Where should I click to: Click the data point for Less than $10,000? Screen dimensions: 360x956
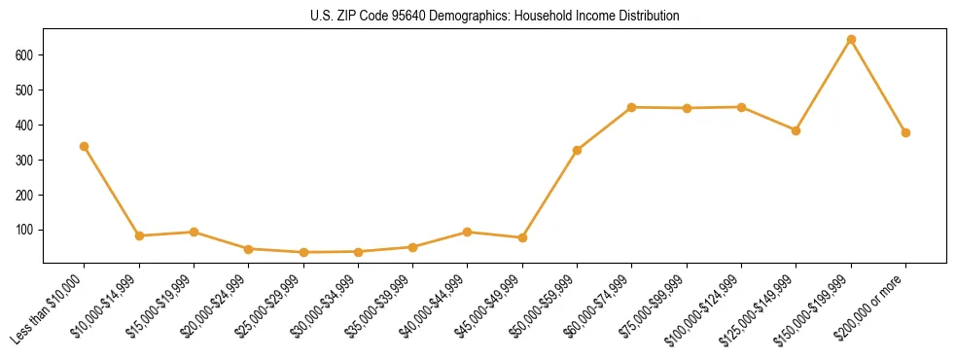pos(84,146)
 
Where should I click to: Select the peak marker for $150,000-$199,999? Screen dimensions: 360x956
pos(851,40)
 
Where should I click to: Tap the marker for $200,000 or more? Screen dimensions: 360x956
pos(905,132)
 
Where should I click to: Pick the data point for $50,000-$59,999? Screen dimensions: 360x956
pos(577,150)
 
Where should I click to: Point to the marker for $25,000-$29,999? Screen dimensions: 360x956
pos(303,252)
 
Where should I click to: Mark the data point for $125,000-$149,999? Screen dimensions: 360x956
pos(796,130)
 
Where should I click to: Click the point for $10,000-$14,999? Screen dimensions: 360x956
pos(139,235)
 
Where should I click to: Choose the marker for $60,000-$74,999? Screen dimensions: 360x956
pos(632,107)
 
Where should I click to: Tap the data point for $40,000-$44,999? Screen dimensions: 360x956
pos(468,232)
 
